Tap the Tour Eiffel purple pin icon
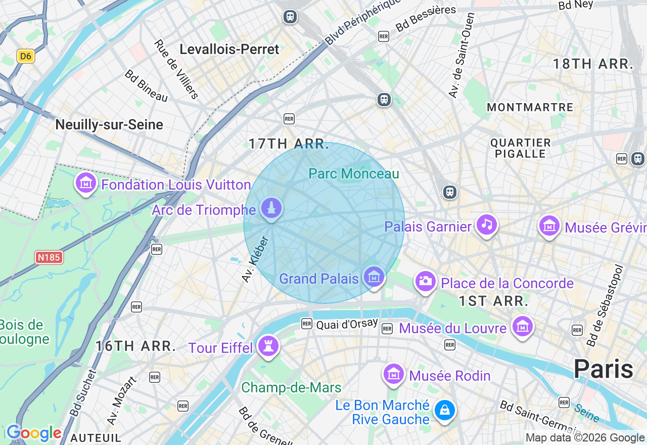[x=268, y=346]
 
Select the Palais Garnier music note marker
[x=487, y=225]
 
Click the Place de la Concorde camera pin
[x=425, y=281]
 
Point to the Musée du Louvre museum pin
[x=522, y=327]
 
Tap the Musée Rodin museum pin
[x=393, y=375]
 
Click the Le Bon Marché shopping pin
[x=445, y=411]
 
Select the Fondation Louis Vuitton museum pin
[x=86, y=183]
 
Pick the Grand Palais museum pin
[x=374, y=277]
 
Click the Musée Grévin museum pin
[x=549, y=226]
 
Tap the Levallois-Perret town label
[x=229, y=50]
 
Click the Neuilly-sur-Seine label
[x=109, y=125]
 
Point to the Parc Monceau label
[x=354, y=174]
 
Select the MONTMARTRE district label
[x=530, y=107]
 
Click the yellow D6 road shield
[x=25, y=56]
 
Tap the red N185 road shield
[x=49, y=257]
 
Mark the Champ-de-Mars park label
[x=291, y=388]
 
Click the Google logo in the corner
[x=34, y=433]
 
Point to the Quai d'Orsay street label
[x=347, y=324]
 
